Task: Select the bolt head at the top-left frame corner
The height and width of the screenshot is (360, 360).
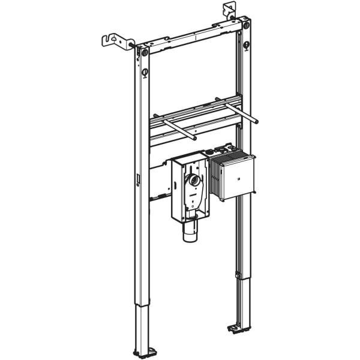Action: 145,53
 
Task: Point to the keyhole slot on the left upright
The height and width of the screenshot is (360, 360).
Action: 144,74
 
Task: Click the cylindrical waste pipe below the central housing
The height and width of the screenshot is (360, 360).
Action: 190,231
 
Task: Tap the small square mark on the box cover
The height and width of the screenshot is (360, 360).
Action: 238,178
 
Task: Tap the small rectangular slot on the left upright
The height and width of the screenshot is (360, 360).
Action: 137,179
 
